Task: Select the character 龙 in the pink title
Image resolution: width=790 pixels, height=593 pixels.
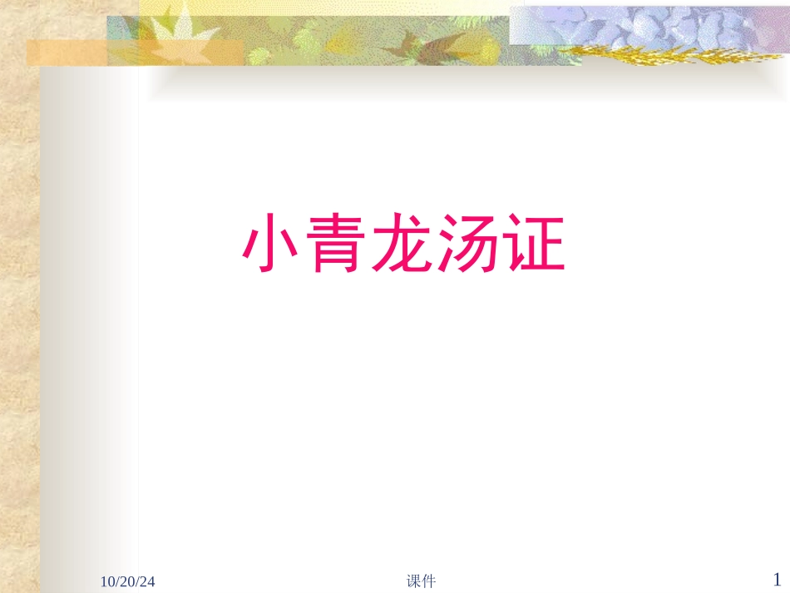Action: [403, 245]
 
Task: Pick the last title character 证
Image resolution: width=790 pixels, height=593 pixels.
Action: [534, 245]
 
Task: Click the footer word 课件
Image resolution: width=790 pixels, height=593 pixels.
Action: [422, 581]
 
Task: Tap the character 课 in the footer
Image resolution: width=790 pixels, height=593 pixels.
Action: [414, 581]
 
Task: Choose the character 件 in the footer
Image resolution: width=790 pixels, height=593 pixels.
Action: [429, 581]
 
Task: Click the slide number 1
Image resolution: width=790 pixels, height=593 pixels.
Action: [778, 579]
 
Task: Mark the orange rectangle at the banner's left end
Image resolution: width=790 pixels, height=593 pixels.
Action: [67, 52]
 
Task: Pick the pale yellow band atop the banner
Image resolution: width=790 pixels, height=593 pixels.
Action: [333, 7]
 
